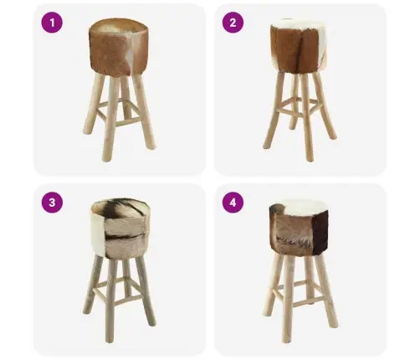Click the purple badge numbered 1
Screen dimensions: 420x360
point(52,23)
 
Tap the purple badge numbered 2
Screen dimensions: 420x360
point(233,23)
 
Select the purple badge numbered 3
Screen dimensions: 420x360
point(52,203)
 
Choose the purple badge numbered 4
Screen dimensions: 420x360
point(233,203)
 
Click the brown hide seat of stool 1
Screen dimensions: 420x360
point(119,47)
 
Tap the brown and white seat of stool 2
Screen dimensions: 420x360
point(298,46)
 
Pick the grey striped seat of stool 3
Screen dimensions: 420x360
point(120,229)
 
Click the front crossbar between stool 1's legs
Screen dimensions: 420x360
point(128,122)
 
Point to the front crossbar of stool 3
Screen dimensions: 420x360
point(123,300)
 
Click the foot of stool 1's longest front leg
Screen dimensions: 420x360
point(106,158)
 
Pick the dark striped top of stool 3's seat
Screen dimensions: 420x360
point(120,208)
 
